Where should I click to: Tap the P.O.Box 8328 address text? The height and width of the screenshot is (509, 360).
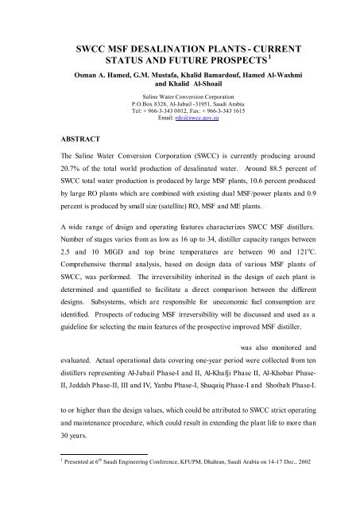[x=157, y=104]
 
